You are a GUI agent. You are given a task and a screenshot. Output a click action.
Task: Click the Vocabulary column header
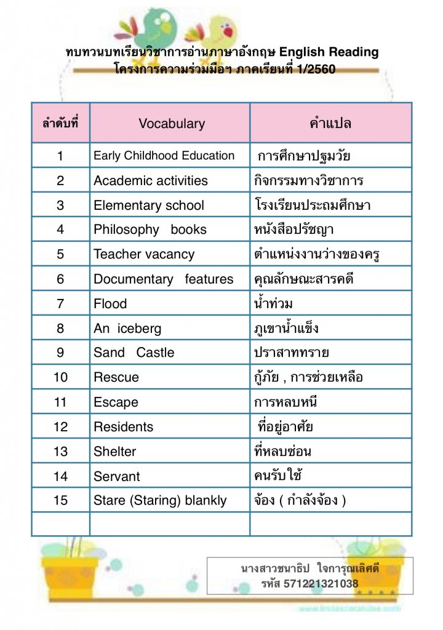point(171,123)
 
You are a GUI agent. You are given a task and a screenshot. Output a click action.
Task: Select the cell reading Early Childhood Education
point(164,156)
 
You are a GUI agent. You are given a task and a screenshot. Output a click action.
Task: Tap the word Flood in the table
point(110,303)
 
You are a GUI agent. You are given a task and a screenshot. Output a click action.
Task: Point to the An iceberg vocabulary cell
point(127,328)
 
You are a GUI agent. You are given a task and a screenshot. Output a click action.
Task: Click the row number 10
point(60,377)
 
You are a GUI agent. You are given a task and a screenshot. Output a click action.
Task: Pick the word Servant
point(116,476)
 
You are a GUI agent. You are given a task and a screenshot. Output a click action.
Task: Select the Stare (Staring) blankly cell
point(160,500)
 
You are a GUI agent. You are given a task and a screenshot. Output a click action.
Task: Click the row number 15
point(60,500)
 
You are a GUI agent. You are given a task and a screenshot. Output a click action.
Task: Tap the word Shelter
point(114,451)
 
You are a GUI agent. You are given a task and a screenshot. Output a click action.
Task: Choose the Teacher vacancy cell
point(144,254)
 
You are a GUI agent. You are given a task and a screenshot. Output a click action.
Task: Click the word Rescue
point(116,377)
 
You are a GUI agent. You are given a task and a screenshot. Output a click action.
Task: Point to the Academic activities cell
point(151,180)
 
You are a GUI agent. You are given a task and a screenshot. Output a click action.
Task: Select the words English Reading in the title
point(332,52)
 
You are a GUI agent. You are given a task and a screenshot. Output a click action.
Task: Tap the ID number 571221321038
point(321,583)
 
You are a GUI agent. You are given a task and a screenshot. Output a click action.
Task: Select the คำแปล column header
point(330,123)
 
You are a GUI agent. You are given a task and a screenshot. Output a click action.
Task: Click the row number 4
point(60,229)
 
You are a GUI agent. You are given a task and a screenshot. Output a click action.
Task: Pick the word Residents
point(123,426)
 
